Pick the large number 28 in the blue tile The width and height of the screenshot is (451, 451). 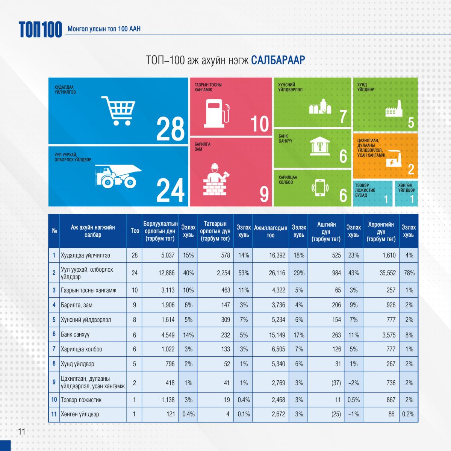point(170,129)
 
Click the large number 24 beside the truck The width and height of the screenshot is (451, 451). point(170,190)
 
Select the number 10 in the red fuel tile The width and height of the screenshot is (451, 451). point(259,124)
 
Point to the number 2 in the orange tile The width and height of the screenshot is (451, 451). point(411,170)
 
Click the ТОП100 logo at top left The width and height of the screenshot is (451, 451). point(40,29)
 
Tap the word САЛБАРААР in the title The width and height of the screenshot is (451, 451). point(278,60)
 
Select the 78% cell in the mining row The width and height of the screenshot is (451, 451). point(409,273)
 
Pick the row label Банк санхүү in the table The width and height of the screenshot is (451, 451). point(75,334)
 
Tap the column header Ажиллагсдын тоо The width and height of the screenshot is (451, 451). point(271,232)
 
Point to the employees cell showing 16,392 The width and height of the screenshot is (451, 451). point(277,255)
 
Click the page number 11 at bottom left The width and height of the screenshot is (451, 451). point(21,431)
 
